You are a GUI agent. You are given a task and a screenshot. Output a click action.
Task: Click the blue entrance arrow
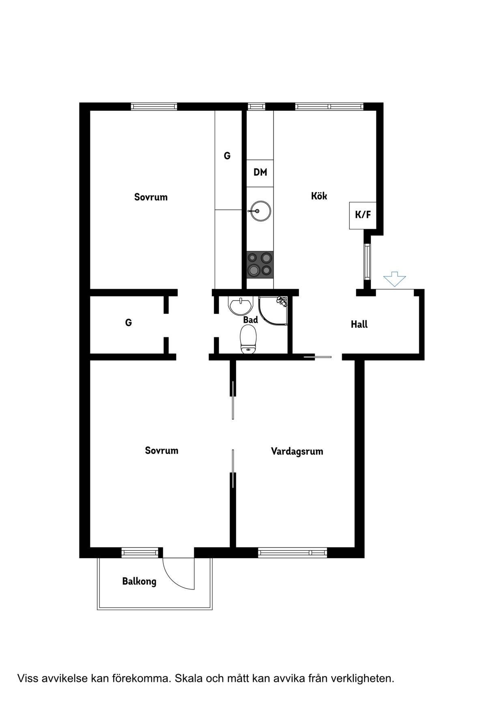(x=394, y=280)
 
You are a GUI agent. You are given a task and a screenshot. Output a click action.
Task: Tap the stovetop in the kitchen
(x=260, y=264)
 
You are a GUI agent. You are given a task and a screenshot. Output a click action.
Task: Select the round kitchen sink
(x=260, y=211)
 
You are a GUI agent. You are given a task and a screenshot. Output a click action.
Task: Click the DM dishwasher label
(x=260, y=172)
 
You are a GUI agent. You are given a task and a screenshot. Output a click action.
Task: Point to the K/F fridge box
(x=363, y=216)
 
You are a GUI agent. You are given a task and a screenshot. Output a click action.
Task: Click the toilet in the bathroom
(x=248, y=340)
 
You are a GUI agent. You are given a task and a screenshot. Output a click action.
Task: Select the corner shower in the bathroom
(x=273, y=311)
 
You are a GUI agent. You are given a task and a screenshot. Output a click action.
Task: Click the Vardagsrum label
(x=297, y=451)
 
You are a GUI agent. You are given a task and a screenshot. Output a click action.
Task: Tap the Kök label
(x=319, y=196)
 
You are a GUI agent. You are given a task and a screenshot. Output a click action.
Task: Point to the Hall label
(x=359, y=324)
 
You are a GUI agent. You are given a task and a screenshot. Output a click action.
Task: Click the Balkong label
(x=139, y=582)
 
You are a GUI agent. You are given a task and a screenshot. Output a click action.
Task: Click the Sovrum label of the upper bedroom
(x=151, y=197)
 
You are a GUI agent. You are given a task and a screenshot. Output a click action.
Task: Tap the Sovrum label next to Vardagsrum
(x=161, y=451)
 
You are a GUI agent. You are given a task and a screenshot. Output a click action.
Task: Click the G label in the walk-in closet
(x=129, y=323)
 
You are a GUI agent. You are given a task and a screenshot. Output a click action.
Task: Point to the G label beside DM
(x=227, y=155)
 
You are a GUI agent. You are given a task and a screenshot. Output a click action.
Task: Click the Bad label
(x=250, y=320)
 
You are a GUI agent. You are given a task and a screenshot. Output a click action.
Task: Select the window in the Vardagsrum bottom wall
(x=292, y=552)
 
